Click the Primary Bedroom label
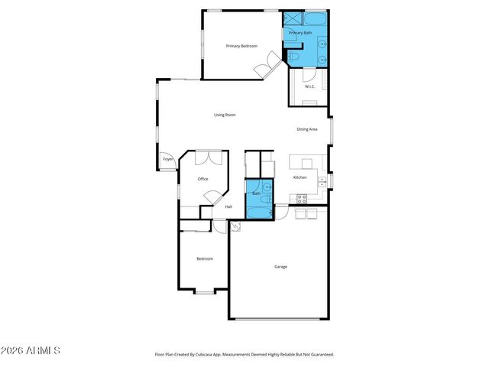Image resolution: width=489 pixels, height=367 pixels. (x=241, y=47)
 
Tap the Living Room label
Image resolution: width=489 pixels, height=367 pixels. (x=225, y=115)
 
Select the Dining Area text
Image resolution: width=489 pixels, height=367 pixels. (x=307, y=129)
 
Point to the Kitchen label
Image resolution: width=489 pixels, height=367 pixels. (x=300, y=178)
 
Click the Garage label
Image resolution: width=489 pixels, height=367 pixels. (x=281, y=267)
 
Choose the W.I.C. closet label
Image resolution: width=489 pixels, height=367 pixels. (x=310, y=86)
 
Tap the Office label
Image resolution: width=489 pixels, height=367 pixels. (x=203, y=180)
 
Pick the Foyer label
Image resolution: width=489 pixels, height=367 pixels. (x=167, y=161)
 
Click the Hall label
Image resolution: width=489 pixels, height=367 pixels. (x=228, y=207)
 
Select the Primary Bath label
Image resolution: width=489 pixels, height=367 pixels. (x=300, y=34)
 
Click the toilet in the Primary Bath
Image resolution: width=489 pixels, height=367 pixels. (x=294, y=57)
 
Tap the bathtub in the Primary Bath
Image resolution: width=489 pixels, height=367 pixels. (x=315, y=19)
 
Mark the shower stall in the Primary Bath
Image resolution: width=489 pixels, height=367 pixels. (x=293, y=19)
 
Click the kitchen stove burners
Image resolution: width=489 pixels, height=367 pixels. (x=301, y=198)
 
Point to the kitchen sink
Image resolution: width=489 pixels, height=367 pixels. (x=325, y=181)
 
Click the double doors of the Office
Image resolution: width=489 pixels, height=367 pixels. (x=208, y=158)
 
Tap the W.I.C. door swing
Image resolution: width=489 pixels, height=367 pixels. (x=308, y=74)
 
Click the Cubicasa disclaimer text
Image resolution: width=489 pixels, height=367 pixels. (x=244, y=355)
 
